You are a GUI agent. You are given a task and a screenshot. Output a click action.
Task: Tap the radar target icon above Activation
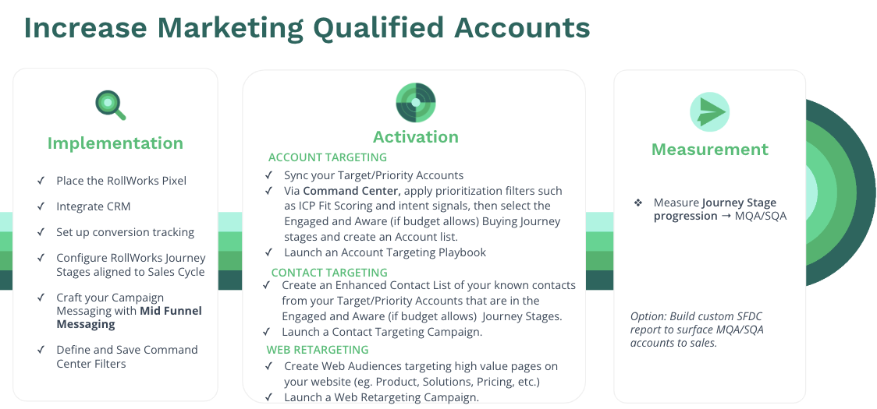point(416,103)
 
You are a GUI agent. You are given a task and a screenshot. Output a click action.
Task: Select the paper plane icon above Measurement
point(709,111)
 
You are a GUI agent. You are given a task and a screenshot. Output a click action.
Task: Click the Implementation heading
point(115,143)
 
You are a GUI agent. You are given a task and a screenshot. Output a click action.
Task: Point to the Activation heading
point(416,137)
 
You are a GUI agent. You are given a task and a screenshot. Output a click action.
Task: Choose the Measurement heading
point(710,149)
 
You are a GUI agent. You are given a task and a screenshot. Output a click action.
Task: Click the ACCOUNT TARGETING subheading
point(327,157)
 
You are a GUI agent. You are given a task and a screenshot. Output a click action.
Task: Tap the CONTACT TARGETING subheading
point(329,273)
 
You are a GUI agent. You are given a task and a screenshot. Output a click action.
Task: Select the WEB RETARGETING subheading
point(317,350)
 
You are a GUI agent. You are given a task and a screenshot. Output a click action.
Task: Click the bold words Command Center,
point(353,191)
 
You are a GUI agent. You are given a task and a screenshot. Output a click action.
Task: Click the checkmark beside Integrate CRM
point(41,206)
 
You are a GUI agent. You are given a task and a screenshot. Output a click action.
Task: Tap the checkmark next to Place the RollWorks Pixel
point(41,181)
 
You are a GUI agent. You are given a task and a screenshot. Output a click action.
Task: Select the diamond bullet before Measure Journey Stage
point(638,203)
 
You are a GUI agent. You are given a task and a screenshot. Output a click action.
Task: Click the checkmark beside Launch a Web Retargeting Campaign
point(269,397)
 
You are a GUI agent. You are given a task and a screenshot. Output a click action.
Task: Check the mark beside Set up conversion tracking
point(41,232)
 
